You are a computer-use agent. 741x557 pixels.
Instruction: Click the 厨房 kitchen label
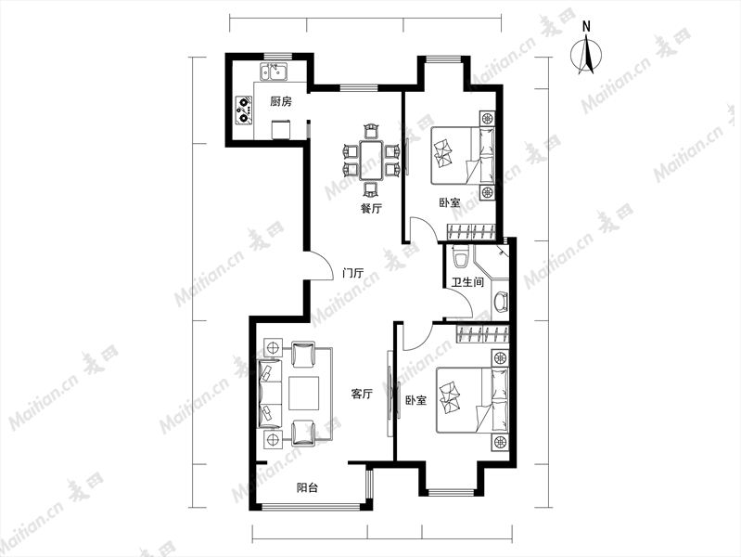281,101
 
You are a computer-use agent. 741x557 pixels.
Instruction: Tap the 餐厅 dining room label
371,208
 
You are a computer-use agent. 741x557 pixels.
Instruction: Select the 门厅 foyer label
353,273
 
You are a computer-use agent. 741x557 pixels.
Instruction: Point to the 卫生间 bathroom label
467,282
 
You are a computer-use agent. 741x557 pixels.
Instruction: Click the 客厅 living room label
362,394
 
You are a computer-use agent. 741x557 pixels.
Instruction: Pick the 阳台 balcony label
307,487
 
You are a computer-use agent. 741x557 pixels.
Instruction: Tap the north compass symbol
586,51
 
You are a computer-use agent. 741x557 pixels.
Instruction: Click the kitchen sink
275,71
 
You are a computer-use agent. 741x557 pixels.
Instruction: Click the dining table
372,160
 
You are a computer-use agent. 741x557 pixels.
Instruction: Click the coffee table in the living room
305,393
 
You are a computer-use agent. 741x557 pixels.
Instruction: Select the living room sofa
269,394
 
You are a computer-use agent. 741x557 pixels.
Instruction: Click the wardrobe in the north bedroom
472,231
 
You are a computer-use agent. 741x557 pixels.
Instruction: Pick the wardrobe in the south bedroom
483,333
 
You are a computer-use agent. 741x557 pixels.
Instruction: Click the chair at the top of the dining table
372,131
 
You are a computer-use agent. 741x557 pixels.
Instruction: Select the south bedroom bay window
451,492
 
